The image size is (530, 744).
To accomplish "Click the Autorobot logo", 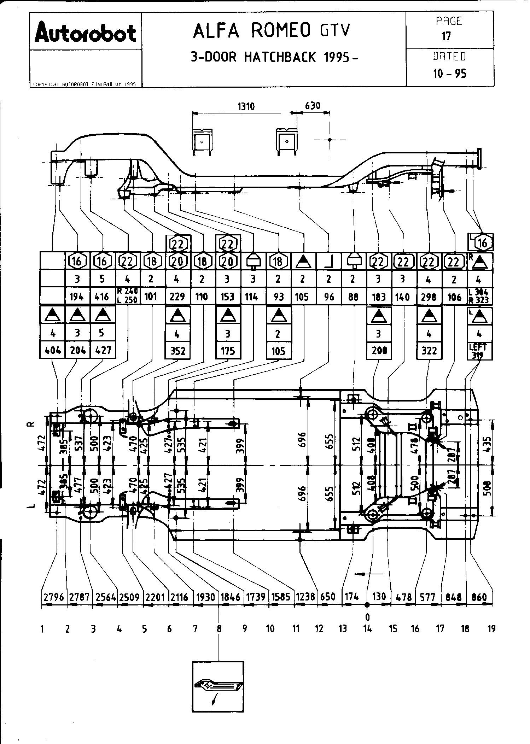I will click(86, 33).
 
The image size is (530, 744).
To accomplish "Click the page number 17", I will click(447, 36).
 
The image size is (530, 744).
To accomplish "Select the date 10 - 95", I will click(450, 74).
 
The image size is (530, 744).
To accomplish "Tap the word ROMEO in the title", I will click(281, 31).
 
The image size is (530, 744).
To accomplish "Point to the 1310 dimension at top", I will click(246, 106).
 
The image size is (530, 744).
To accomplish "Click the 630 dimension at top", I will click(313, 106).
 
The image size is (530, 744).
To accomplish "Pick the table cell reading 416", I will click(102, 297).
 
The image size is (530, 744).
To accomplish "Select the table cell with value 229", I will click(177, 297).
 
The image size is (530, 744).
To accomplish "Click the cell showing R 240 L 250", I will click(128, 296).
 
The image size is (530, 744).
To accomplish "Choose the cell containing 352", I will click(177, 351).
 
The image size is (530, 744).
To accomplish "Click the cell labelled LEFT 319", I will click(479, 351).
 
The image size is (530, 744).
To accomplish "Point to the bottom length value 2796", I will click(54, 597).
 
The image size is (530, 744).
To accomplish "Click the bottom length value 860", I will click(479, 597).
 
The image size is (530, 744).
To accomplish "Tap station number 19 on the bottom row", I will click(491, 629).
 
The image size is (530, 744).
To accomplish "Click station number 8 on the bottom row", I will click(219, 629).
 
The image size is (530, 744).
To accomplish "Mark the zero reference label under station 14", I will click(367, 617).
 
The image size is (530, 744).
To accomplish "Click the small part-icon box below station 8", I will click(218, 687).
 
